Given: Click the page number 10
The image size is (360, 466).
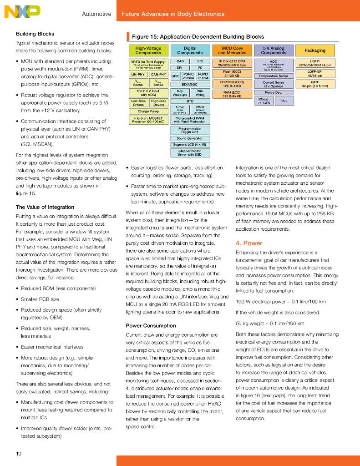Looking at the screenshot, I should [x=19, y=453].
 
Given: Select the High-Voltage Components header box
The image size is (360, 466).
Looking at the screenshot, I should [x=148, y=51].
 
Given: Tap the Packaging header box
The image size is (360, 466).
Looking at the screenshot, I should [x=315, y=51].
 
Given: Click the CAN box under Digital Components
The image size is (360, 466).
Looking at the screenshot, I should [x=180, y=61].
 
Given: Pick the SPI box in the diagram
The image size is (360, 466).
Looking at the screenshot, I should [x=180, y=67].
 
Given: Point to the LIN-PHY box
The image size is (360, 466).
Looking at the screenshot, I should [x=138, y=74].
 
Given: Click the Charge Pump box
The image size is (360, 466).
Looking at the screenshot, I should [x=148, y=111].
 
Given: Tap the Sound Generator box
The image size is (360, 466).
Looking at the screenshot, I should [x=190, y=138].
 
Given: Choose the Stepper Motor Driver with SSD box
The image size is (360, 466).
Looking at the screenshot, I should [x=190, y=152].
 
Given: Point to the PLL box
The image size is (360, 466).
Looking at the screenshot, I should [x=284, y=101].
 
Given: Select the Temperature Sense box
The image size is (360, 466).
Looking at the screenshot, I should [x=274, y=76].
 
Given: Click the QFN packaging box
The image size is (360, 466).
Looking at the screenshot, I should [x=315, y=84].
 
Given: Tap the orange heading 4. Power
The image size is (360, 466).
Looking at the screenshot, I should [x=249, y=243].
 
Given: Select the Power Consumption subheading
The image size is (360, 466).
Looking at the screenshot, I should [x=150, y=325].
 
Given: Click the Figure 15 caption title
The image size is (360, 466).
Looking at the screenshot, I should [x=198, y=36].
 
